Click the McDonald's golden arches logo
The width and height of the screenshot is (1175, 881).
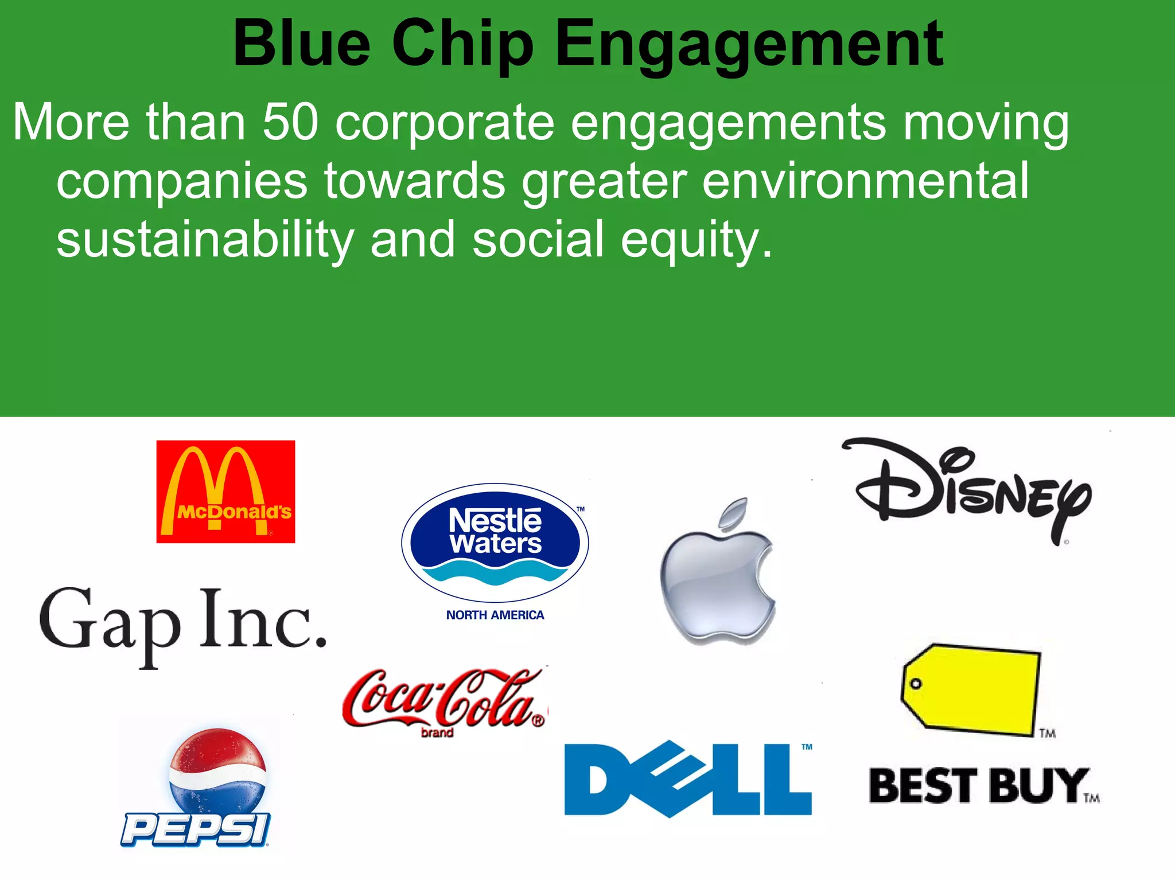[225, 492]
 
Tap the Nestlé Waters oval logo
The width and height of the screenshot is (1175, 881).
[495, 542]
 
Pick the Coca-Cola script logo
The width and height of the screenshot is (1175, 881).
[445, 699]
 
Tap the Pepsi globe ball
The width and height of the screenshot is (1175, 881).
[217, 771]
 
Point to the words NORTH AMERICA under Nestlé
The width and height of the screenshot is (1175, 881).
[495, 615]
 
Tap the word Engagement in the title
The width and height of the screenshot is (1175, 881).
[749, 44]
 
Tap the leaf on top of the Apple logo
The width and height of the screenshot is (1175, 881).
[734, 512]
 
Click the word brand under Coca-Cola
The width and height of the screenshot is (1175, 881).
[437, 732]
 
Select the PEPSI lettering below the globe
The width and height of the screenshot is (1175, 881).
[195, 829]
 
